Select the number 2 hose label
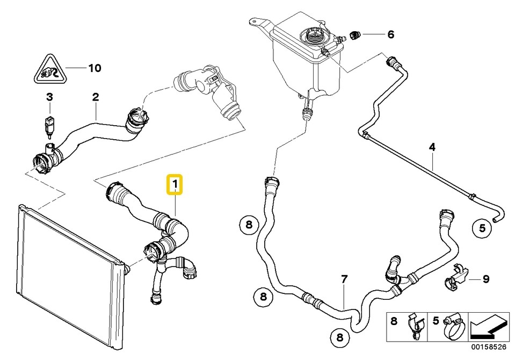pyautogui.click(x=96, y=97)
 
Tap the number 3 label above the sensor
pyautogui.click(x=49, y=97)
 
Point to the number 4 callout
pyautogui.click(x=431, y=146)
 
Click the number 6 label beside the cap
pyautogui.click(x=390, y=35)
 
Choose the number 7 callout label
pyautogui.click(x=344, y=279)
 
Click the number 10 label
pyautogui.click(x=94, y=68)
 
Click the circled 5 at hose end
pyautogui.click(x=482, y=228)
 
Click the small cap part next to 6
pyautogui.click(x=355, y=35)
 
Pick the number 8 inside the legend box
pyautogui.click(x=394, y=321)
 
